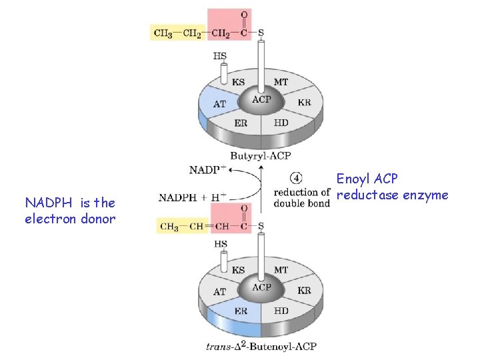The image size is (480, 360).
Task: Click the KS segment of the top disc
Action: click(237, 83)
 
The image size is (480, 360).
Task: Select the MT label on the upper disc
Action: click(281, 82)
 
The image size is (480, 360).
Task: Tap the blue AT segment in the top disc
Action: click(219, 104)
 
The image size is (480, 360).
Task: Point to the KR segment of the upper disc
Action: click(304, 103)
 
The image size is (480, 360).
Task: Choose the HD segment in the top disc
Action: click(281, 123)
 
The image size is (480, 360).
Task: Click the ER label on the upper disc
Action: click(241, 123)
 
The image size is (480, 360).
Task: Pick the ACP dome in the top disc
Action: click(261, 101)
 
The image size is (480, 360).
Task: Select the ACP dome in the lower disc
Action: click(261, 289)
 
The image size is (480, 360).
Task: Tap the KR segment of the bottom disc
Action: click(304, 291)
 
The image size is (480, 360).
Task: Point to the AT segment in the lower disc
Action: click(219, 292)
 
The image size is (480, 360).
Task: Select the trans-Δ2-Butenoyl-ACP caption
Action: click(261, 346)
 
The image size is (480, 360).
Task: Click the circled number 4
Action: click(297, 178)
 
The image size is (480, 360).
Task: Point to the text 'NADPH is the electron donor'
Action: click(70, 210)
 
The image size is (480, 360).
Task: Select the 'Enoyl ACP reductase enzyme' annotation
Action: click(392, 187)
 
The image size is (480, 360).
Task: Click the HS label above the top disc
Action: click(220, 56)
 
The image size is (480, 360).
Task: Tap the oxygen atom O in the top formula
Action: click(244, 14)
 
